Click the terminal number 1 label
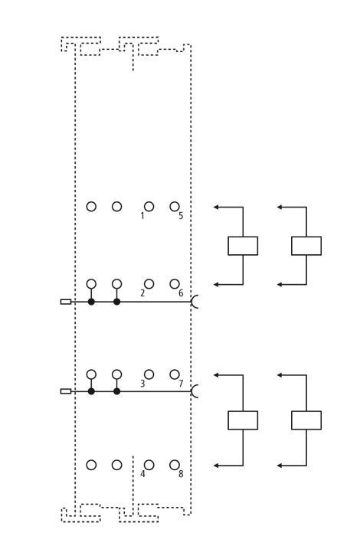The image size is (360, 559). click(142, 216)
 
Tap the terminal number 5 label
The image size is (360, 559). click(181, 216)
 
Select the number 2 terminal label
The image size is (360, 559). click(142, 293)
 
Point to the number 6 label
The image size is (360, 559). click(181, 293)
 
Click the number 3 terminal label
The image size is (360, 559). click(142, 384)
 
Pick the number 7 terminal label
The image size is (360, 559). click(181, 384)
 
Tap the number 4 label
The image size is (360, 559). click(142, 474)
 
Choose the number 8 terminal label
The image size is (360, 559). click(181, 474)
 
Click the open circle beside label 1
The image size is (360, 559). click(149, 207)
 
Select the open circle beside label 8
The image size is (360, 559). click(175, 465)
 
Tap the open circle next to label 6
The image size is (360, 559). click(175, 284)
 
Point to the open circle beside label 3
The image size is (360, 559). click(149, 374)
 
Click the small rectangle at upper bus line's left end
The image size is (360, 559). click(66, 302)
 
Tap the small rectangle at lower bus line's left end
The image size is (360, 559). click(66, 391)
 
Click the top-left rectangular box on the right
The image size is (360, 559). click(243, 246)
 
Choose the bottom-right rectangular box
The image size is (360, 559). click(306, 420)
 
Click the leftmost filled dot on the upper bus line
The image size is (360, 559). click(91, 302)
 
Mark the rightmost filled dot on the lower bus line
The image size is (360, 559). click(117, 391)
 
